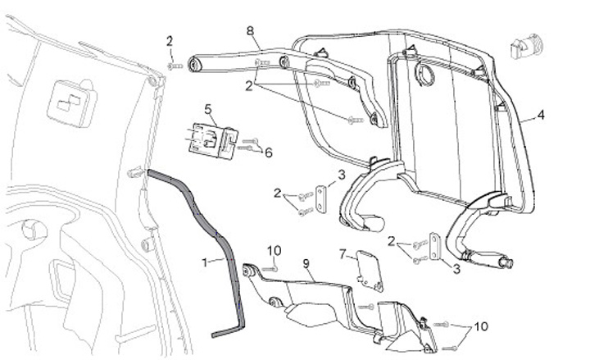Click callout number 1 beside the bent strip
pyautogui.click(x=206, y=262)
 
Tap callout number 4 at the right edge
pyautogui.click(x=541, y=115)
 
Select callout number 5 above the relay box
pyautogui.click(x=208, y=108)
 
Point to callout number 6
pyautogui.click(x=268, y=152)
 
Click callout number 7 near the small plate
pyautogui.click(x=343, y=255)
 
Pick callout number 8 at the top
pyautogui.click(x=250, y=30)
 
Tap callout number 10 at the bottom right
pyautogui.click(x=480, y=326)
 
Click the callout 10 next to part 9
pyautogui.click(x=274, y=249)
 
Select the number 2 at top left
pyautogui.click(x=170, y=41)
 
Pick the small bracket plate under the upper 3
pyautogui.click(x=320, y=199)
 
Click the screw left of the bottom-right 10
pyautogui.click(x=447, y=326)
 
